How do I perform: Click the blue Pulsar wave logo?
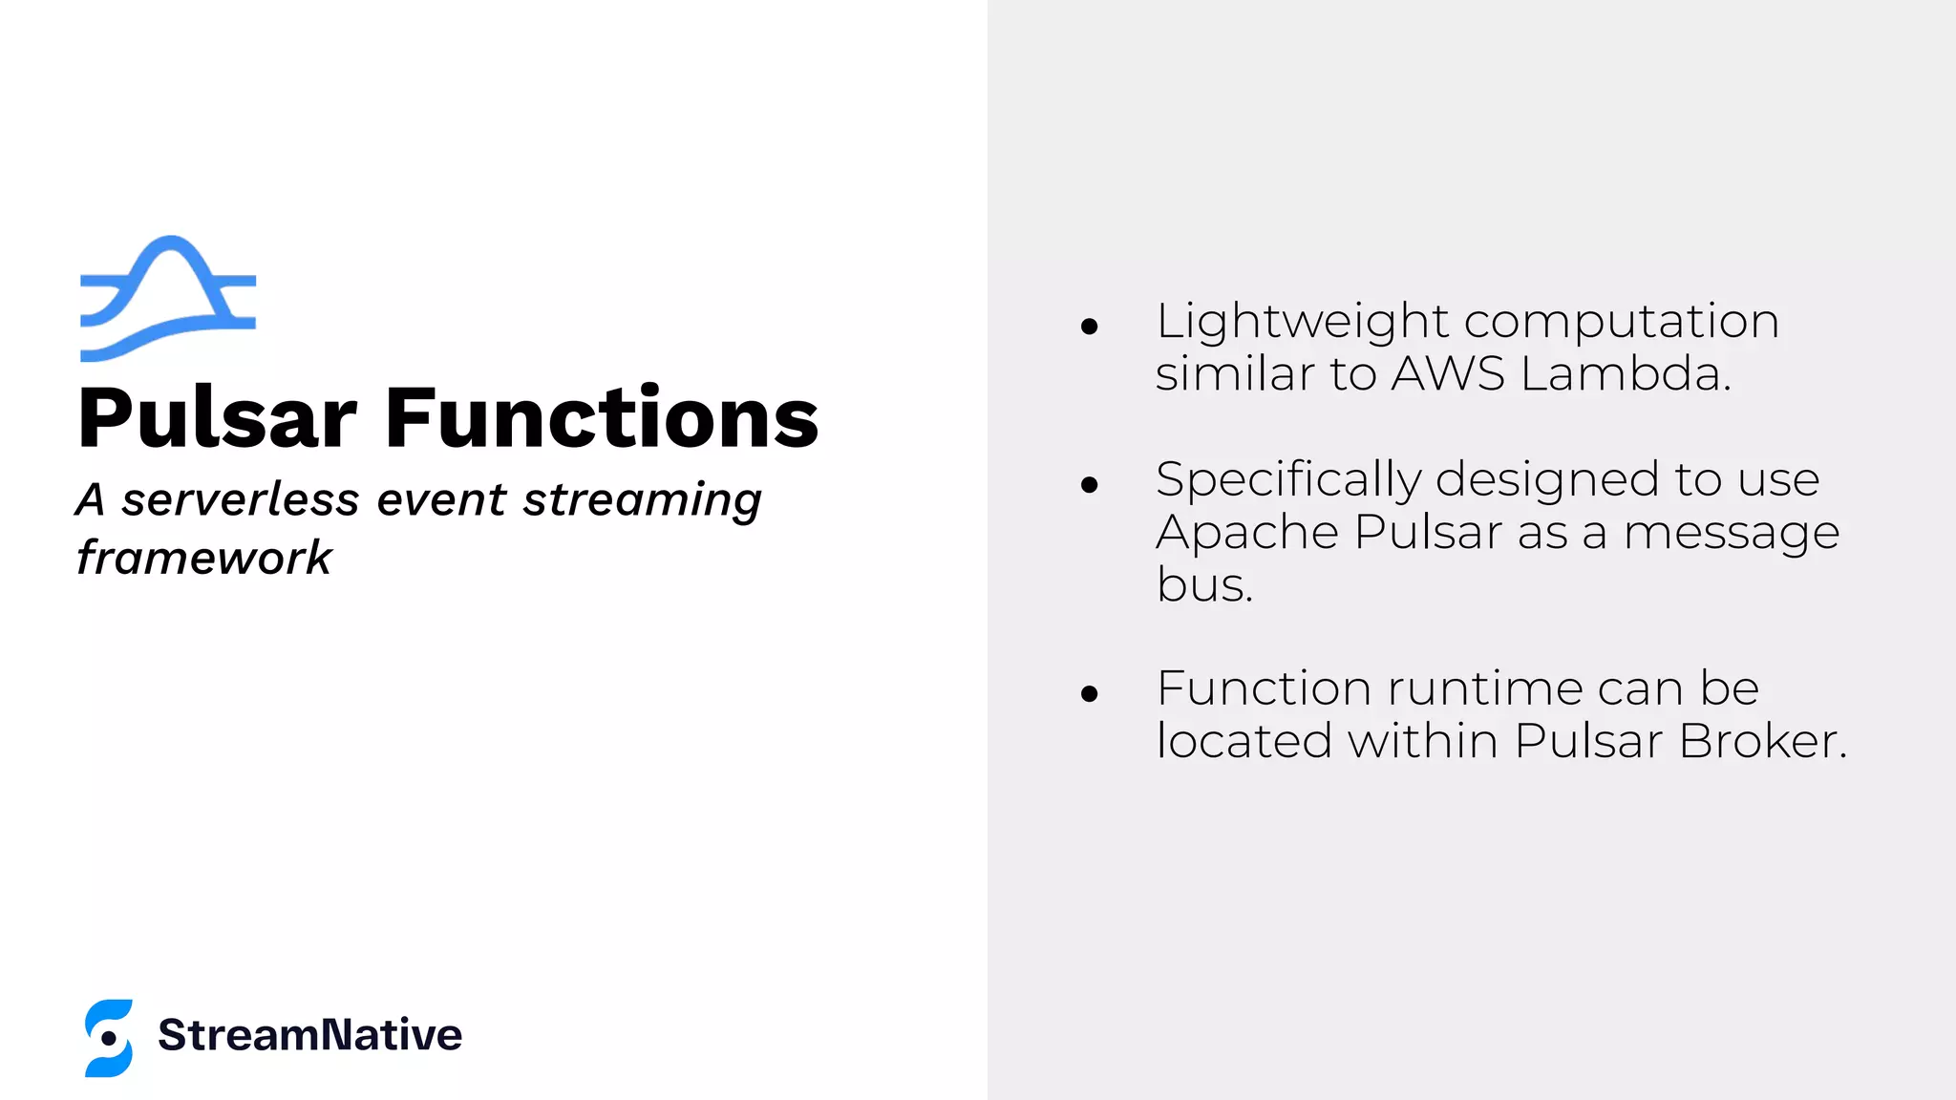point(168,298)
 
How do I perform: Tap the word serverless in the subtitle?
point(241,499)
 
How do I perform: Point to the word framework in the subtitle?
point(203,558)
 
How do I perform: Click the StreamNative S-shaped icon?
point(109,1038)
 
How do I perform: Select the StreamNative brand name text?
point(309,1035)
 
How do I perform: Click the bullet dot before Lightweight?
point(1090,328)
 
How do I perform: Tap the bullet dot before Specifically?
point(1090,485)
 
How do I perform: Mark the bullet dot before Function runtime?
point(1090,694)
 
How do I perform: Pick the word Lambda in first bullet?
point(1626,373)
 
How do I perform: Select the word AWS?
point(1448,373)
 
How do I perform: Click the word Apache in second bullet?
point(1247,533)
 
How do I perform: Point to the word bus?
point(1203,584)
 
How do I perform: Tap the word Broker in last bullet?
point(1762,741)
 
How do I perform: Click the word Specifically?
point(1288,480)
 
